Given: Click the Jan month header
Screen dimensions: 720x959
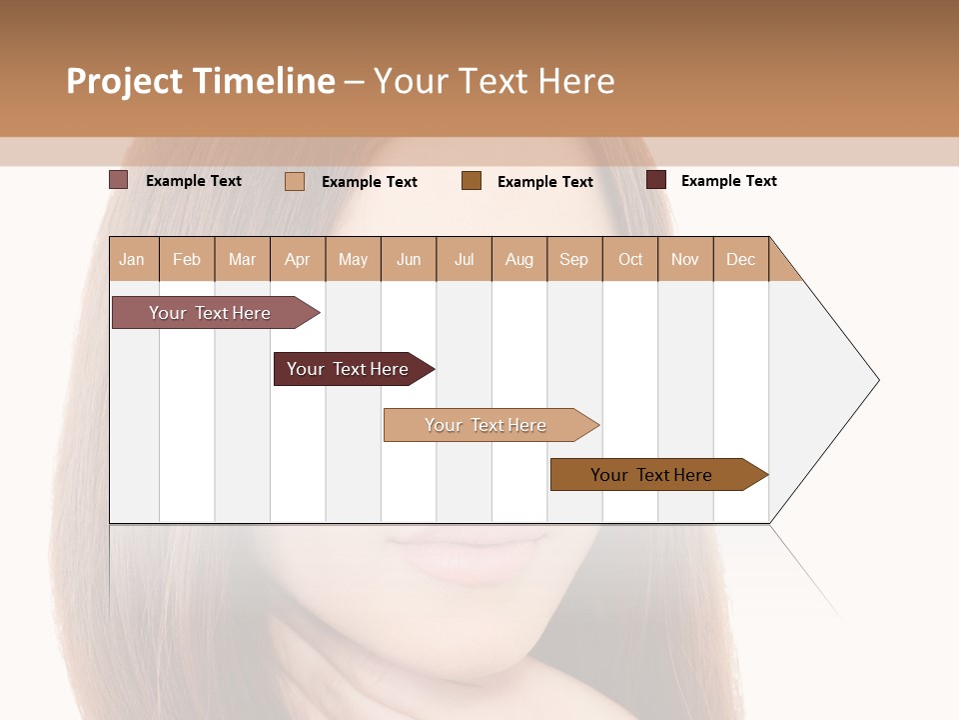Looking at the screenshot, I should click(133, 259).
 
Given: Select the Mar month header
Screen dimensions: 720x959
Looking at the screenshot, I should click(242, 259).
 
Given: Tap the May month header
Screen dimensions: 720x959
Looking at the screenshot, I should click(353, 259).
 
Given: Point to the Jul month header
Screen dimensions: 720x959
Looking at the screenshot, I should click(464, 259).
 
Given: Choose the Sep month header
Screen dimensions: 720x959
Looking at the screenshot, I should click(573, 259).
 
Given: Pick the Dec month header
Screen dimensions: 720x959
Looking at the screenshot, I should click(740, 259).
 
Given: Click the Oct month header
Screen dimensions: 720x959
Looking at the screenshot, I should click(630, 259).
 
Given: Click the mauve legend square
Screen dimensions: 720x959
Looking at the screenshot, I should click(119, 180).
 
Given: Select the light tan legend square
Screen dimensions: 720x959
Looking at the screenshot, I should click(295, 181).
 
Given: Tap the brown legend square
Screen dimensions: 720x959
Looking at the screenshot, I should click(472, 180).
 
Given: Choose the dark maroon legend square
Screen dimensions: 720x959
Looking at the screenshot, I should click(656, 180).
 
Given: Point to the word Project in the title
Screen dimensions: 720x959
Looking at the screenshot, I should click(124, 81).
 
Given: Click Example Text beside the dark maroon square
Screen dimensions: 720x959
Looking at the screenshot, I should click(728, 181).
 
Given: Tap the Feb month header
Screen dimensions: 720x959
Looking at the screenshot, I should click(187, 259).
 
